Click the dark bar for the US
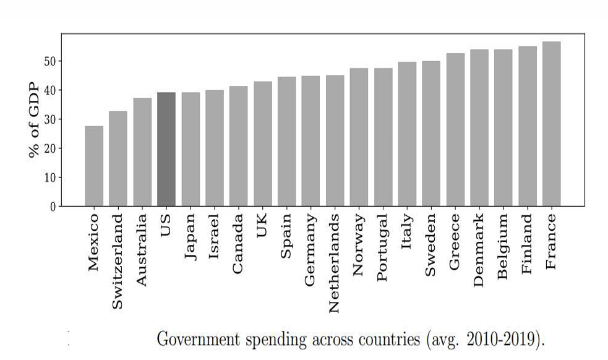tap(166, 149)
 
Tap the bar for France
tap(552, 124)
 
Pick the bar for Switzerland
tap(118, 158)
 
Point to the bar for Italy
tap(407, 134)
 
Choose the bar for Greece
tap(455, 129)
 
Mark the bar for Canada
tap(239, 146)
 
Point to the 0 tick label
tap(52, 206)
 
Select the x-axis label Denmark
tap(479, 250)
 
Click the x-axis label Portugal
tap(383, 247)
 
